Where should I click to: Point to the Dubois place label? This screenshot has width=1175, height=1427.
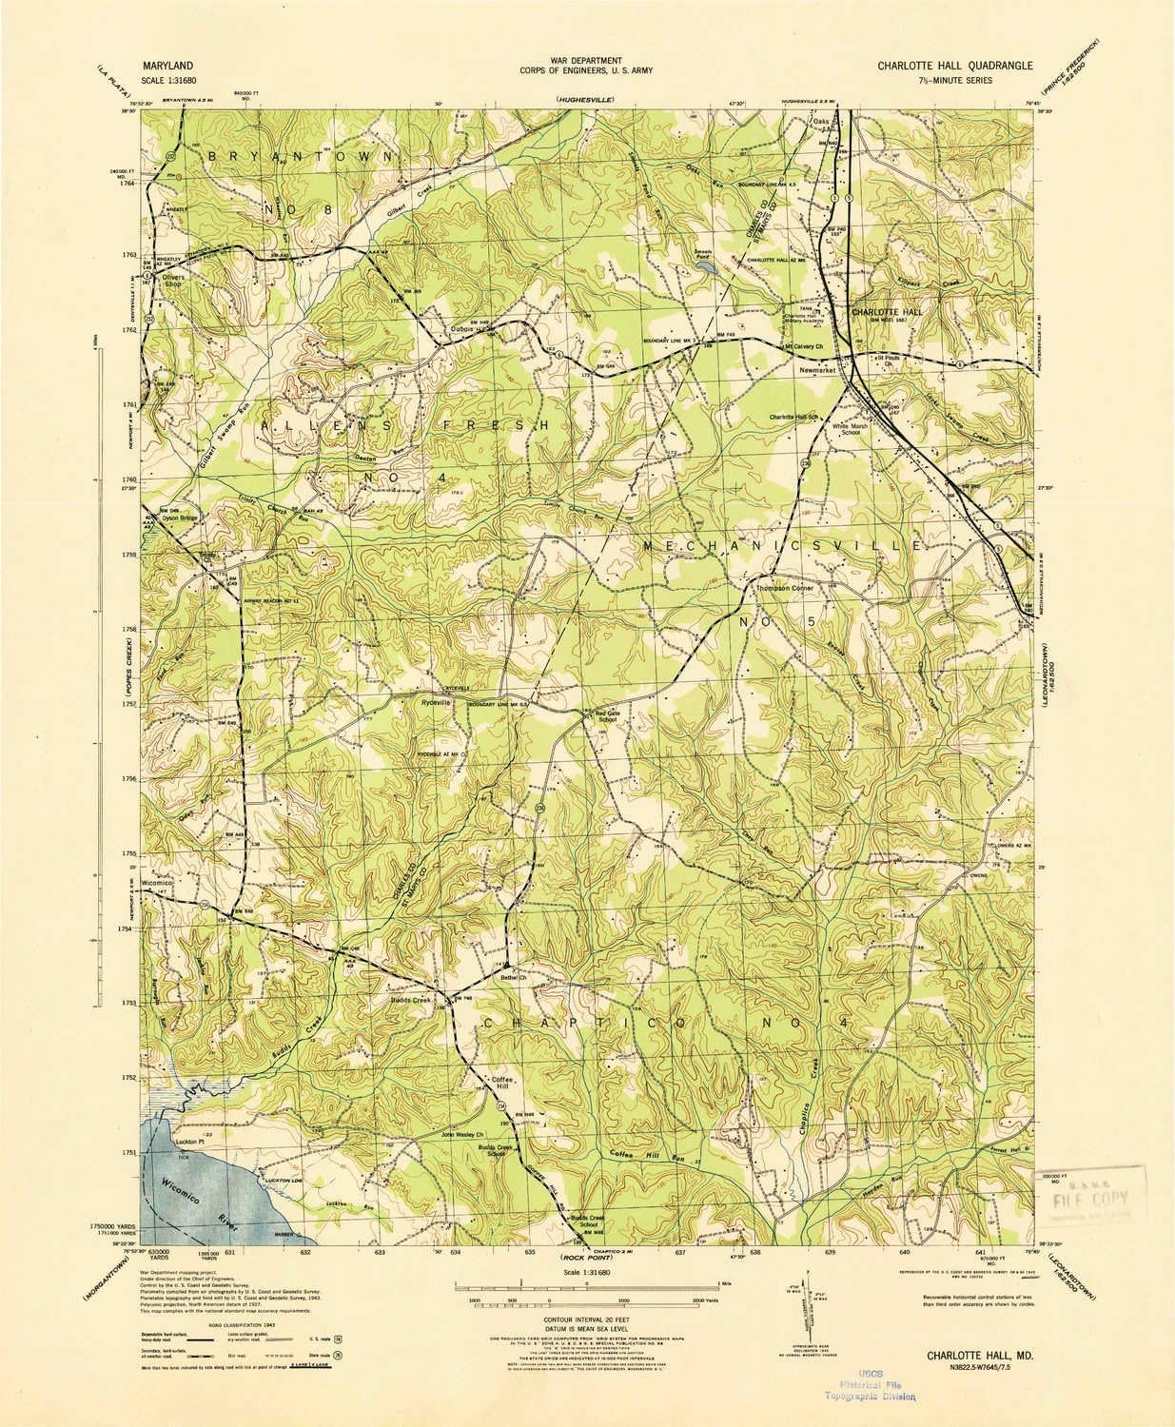coord(462,330)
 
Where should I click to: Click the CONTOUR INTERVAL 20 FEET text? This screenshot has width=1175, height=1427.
coord(586,1321)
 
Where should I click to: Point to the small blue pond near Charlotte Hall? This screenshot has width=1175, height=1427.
coord(707,269)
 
